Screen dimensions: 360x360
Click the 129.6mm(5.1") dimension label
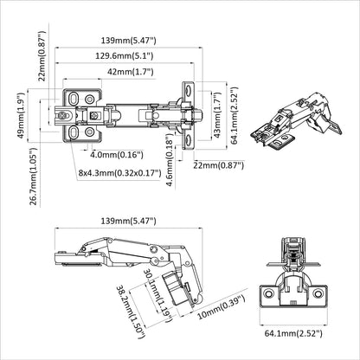[x=125, y=55]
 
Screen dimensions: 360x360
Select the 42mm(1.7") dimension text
[x=131, y=71]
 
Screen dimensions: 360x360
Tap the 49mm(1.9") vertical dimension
[x=21, y=115]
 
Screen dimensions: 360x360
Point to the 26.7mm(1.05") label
[x=34, y=176]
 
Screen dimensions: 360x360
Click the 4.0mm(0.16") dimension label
[x=117, y=155]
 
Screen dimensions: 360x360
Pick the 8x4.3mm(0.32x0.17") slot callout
[x=119, y=173]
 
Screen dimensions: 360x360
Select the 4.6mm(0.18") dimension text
[x=170, y=162]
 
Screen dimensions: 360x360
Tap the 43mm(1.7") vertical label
[x=217, y=114]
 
